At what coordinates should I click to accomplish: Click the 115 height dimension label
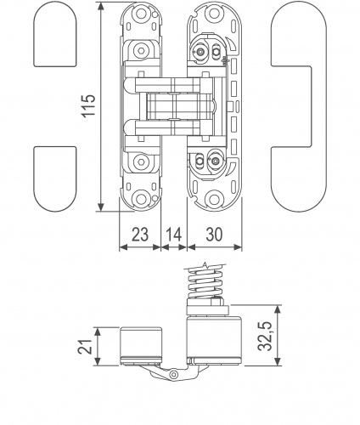88,105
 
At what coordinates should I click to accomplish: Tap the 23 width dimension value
140,235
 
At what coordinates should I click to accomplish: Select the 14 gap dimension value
173,235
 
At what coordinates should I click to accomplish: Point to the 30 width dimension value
214,235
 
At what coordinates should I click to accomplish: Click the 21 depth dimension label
85,346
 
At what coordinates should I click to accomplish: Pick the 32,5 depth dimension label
265,336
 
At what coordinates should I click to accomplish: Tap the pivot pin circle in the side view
173,375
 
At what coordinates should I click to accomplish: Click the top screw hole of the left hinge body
141,14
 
